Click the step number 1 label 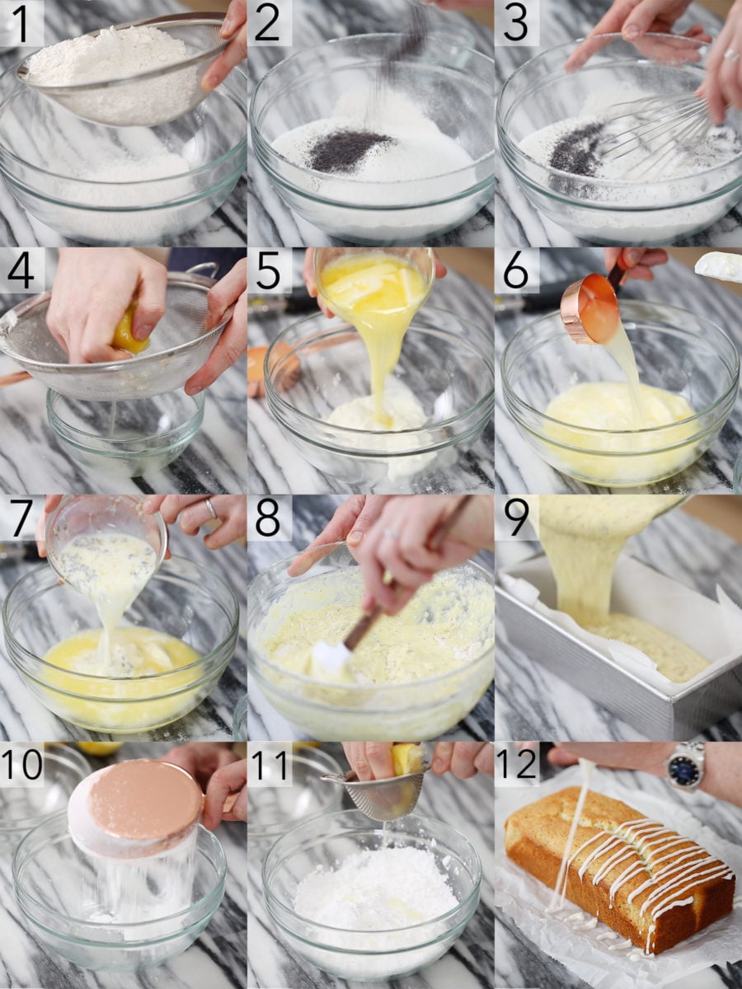pos(21,22)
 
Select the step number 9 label pos(515,518)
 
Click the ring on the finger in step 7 pos(210,509)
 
